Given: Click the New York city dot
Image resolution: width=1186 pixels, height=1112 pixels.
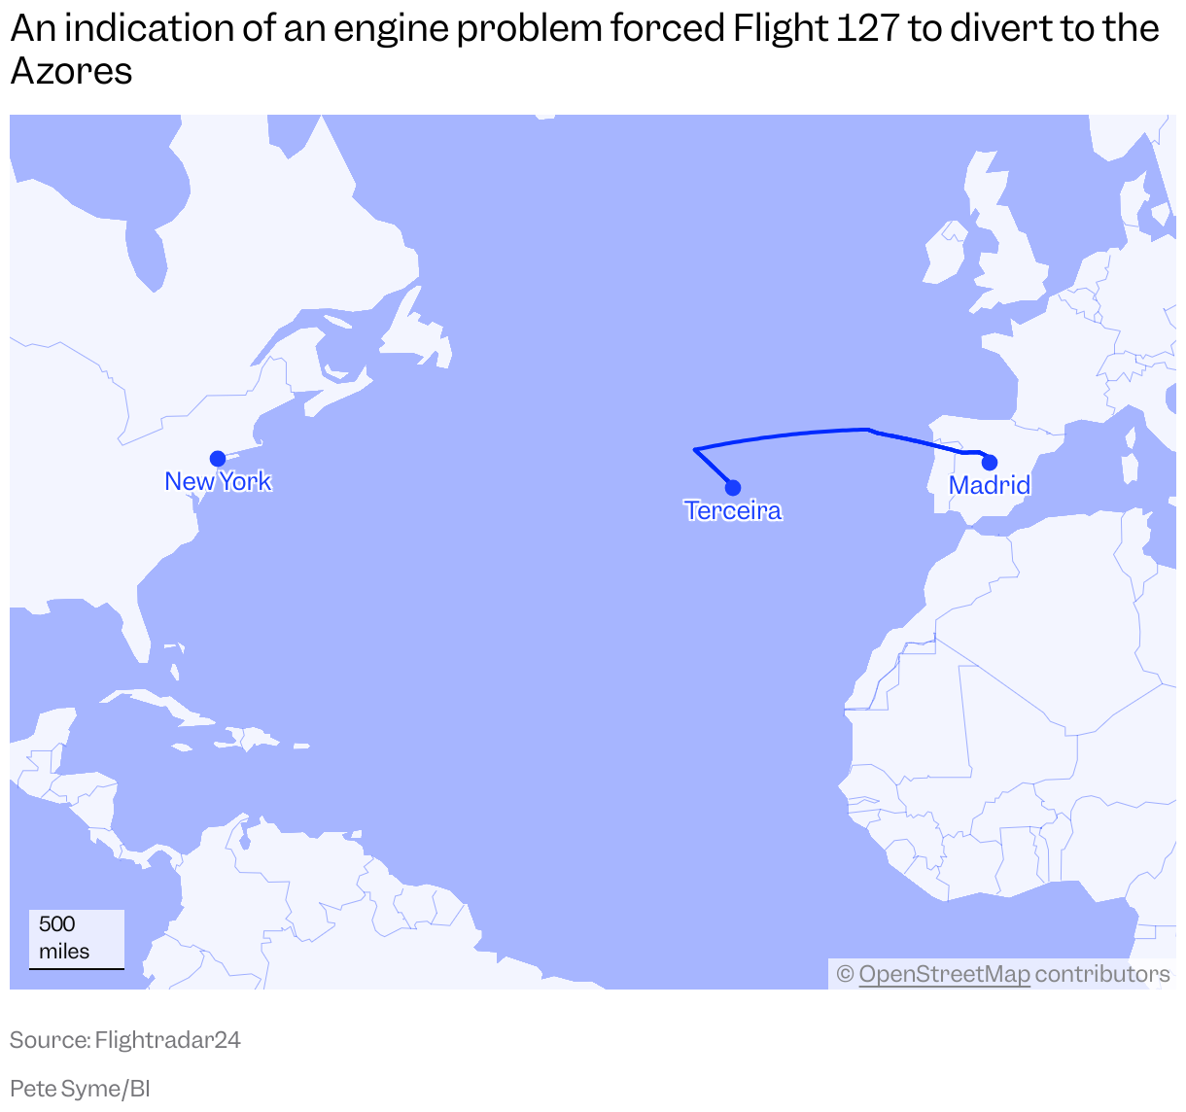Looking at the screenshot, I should pos(218,459).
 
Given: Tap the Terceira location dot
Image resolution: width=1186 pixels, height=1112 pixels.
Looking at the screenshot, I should pos(733,488).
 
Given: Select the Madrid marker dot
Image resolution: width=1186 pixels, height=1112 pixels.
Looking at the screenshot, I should pos(990,463).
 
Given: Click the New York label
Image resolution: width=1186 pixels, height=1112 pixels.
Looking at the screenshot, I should pos(218,481).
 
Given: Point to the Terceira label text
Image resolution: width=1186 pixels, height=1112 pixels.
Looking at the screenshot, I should pos(733,510).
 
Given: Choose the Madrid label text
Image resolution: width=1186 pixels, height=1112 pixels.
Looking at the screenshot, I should pos(990,485).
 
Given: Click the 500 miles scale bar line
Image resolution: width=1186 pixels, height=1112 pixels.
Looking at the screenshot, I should pos(77,968).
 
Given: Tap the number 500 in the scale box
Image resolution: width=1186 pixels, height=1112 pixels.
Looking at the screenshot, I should pos(57,924).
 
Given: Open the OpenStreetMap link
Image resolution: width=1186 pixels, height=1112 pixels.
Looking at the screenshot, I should pos(944,974).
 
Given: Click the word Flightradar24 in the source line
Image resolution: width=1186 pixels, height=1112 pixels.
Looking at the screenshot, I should pos(167,1040).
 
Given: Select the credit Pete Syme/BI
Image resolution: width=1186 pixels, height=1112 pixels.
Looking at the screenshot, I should pos(80,1089).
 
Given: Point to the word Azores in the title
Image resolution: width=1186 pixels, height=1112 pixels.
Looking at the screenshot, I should pos(71,71).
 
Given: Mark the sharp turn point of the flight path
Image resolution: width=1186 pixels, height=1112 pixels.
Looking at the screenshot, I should pos(695,449).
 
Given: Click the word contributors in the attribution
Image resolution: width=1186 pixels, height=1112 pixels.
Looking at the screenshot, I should pos(1102,974).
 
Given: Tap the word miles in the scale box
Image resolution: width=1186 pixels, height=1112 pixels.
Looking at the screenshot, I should pos(64,952).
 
